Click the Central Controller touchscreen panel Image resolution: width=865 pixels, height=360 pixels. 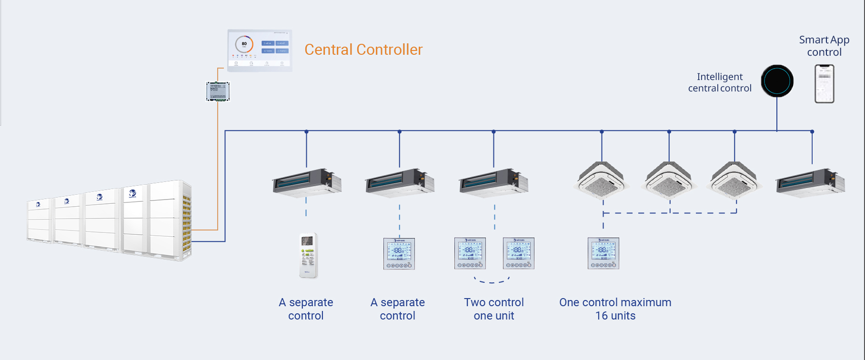point(260,50)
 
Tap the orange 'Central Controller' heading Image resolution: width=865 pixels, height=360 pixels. point(363,50)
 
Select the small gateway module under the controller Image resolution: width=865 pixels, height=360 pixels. point(218,91)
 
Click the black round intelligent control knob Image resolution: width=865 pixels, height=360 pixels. point(777,81)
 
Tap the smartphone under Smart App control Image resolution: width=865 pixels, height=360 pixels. point(824,84)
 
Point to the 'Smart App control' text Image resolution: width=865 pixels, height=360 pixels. point(824,46)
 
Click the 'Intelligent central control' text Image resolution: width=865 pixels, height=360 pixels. point(719,82)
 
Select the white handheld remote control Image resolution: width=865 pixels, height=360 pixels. point(308,255)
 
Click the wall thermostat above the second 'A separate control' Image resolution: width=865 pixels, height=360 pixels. point(399,254)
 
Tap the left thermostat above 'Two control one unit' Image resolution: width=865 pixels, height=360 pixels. point(470,253)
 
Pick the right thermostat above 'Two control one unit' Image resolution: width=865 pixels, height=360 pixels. point(519,253)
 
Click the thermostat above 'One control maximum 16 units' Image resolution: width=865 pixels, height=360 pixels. point(603,253)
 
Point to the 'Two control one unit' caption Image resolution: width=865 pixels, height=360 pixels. point(494,309)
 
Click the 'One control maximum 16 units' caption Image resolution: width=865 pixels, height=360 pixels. point(615,309)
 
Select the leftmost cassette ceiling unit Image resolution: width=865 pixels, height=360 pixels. point(602,180)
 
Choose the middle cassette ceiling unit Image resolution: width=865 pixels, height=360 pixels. point(669,180)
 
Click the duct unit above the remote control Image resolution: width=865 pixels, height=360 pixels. point(307,182)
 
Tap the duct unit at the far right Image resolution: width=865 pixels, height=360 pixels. point(810,182)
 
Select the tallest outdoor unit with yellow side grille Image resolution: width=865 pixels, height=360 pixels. point(157,220)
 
